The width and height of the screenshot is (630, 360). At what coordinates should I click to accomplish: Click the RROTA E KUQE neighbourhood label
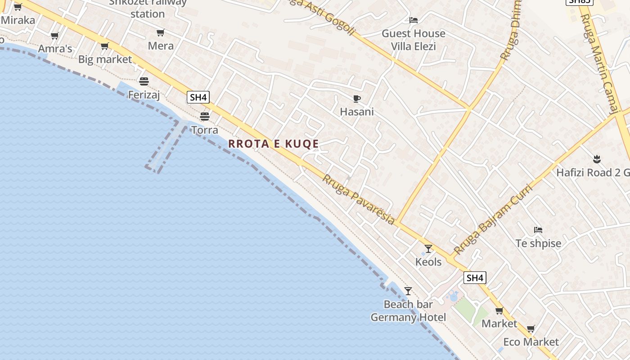pyautogui.click(x=274, y=144)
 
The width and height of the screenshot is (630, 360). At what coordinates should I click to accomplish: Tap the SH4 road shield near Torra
pyautogui.click(x=198, y=97)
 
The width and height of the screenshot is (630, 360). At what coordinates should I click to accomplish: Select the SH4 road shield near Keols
pyautogui.click(x=475, y=278)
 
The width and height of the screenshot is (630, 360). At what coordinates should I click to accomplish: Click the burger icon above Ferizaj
pyautogui.click(x=144, y=81)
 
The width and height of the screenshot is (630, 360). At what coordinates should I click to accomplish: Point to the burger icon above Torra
pyautogui.click(x=205, y=117)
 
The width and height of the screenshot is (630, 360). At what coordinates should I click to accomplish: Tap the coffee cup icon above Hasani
pyautogui.click(x=357, y=99)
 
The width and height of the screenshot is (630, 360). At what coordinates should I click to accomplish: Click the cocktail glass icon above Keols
pyautogui.click(x=428, y=248)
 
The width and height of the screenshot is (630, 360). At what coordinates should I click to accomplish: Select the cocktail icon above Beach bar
pyautogui.click(x=408, y=291)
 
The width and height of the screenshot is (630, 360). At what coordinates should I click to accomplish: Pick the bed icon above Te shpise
pyautogui.click(x=538, y=230)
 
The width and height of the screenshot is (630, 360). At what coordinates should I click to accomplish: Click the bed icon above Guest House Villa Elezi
pyautogui.click(x=413, y=20)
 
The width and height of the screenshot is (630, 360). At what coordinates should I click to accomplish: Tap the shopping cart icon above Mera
pyautogui.click(x=160, y=32)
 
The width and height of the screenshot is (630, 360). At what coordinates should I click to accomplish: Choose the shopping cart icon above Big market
pyautogui.click(x=104, y=46)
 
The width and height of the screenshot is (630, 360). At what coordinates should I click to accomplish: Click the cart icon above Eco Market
pyautogui.click(x=531, y=328)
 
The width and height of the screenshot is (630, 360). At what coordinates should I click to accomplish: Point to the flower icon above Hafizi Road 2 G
pyautogui.click(x=597, y=159)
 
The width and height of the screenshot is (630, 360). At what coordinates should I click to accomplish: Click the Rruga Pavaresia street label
pyautogui.click(x=359, y=199)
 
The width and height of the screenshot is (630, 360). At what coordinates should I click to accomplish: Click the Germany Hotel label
pyautogui.click(x=408, y=317)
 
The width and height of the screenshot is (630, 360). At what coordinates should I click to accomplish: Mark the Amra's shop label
pyautogui.click(x=55, y=49)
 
